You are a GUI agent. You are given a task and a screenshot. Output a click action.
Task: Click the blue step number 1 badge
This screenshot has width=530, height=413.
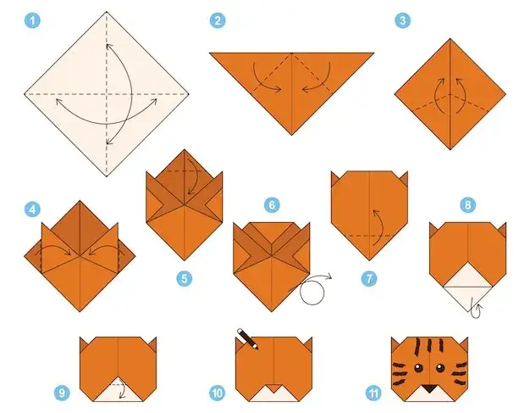pyautogui.click(x=32, y=20)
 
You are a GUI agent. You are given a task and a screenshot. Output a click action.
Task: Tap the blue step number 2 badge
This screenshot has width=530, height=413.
pyautogui.click(x=218, y=20)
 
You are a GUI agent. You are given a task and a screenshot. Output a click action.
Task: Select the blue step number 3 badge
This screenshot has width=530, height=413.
pyautogui.click(x=402, y=20)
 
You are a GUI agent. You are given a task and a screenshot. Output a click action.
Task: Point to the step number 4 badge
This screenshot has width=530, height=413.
pyautogui.click(x=32, y=209)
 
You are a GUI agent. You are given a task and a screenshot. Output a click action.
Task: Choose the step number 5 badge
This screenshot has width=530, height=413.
pyautogui.click(x=185, y=279)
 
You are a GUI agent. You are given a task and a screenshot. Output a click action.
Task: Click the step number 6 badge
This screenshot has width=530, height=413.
pyautogui.click(x=272, y=205)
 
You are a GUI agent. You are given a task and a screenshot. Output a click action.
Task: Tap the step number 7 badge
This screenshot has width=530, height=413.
pyautogui.click(x=369, y=279)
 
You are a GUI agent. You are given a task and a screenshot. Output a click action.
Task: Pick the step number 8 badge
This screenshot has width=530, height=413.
pyautogui.click(x=468, y=205)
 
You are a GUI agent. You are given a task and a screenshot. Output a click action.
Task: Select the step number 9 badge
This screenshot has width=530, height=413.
pyautogui.click(x=62, y=393)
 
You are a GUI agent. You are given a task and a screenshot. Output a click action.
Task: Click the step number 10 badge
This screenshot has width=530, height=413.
pyautogui.click(x=218, y=393)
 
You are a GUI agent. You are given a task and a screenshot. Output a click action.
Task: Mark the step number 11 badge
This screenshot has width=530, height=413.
pyautogui.click(x=373, y=393)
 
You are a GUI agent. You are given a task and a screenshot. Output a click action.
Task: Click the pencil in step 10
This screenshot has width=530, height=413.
pyautogui.click(x=248, y=339)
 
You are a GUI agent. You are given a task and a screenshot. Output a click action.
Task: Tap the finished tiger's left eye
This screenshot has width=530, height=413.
pyautogui.click(x=418, y=368)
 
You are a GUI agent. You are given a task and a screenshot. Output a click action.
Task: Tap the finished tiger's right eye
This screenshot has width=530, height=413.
pyautogui.click(x=439, y=368)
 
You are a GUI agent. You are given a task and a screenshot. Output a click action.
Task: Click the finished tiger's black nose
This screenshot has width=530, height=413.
pyautogui.click(x=429, y=388)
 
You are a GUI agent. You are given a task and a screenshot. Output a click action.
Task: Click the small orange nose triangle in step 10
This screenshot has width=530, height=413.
pyautogui.click(x=273, y=388)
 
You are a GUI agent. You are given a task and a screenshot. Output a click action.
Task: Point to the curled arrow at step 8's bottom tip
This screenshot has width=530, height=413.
pyautogui.click(x=477, y=310)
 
